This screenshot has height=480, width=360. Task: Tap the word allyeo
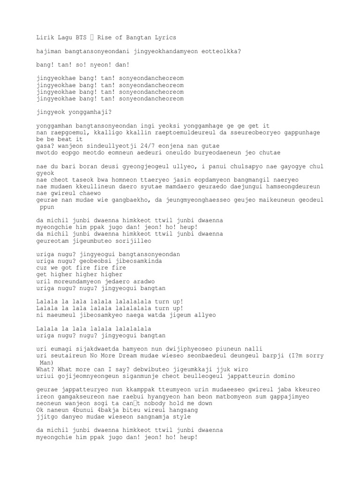(204, 315)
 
